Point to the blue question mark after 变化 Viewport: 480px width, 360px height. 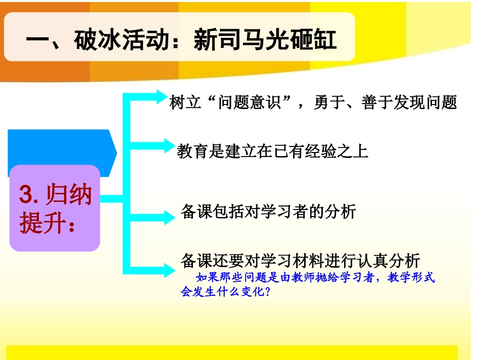pos(267,292)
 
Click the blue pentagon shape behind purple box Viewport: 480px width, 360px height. pos(61,146)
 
